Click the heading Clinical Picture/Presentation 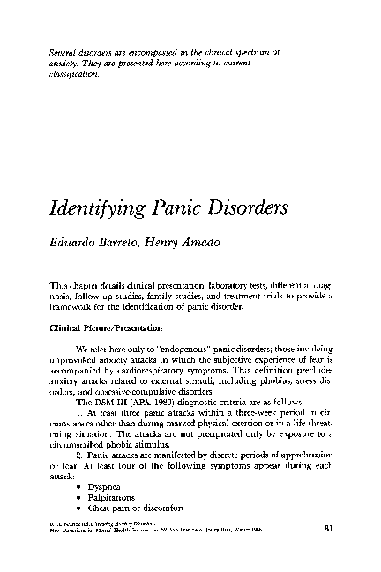[101, 327]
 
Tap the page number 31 [329, 554]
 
